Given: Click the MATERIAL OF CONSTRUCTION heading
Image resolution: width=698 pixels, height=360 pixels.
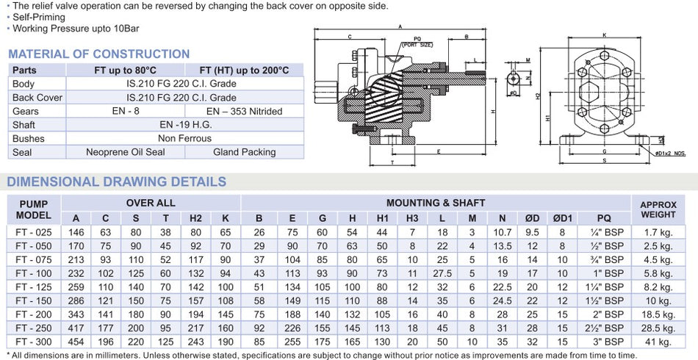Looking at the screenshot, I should (98, 54).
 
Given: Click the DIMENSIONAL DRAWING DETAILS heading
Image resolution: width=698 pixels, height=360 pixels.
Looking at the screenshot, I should (117, 181).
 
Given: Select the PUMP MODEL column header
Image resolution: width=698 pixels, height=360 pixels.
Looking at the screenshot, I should (34, 209).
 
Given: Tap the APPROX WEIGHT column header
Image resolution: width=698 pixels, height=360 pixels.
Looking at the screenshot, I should (658, 209).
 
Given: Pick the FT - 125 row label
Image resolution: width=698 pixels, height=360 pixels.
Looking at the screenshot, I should (34, 287).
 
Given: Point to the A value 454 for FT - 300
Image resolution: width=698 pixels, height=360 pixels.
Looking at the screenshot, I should (76, 342).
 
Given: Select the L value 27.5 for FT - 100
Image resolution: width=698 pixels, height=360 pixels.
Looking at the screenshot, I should (442, 273).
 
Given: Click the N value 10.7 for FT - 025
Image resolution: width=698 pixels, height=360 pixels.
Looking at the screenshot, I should (503, 232).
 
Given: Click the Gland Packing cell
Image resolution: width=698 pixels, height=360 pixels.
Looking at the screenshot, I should (244, 152).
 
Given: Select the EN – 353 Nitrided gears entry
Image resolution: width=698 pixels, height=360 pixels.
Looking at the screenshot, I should (244, 111).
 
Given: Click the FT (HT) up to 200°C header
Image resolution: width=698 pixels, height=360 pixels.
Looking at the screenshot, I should (244, 71).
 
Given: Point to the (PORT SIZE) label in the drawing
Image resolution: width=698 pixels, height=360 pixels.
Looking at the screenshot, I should (417, 43).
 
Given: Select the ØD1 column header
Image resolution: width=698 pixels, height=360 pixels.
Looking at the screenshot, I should (563, 218).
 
